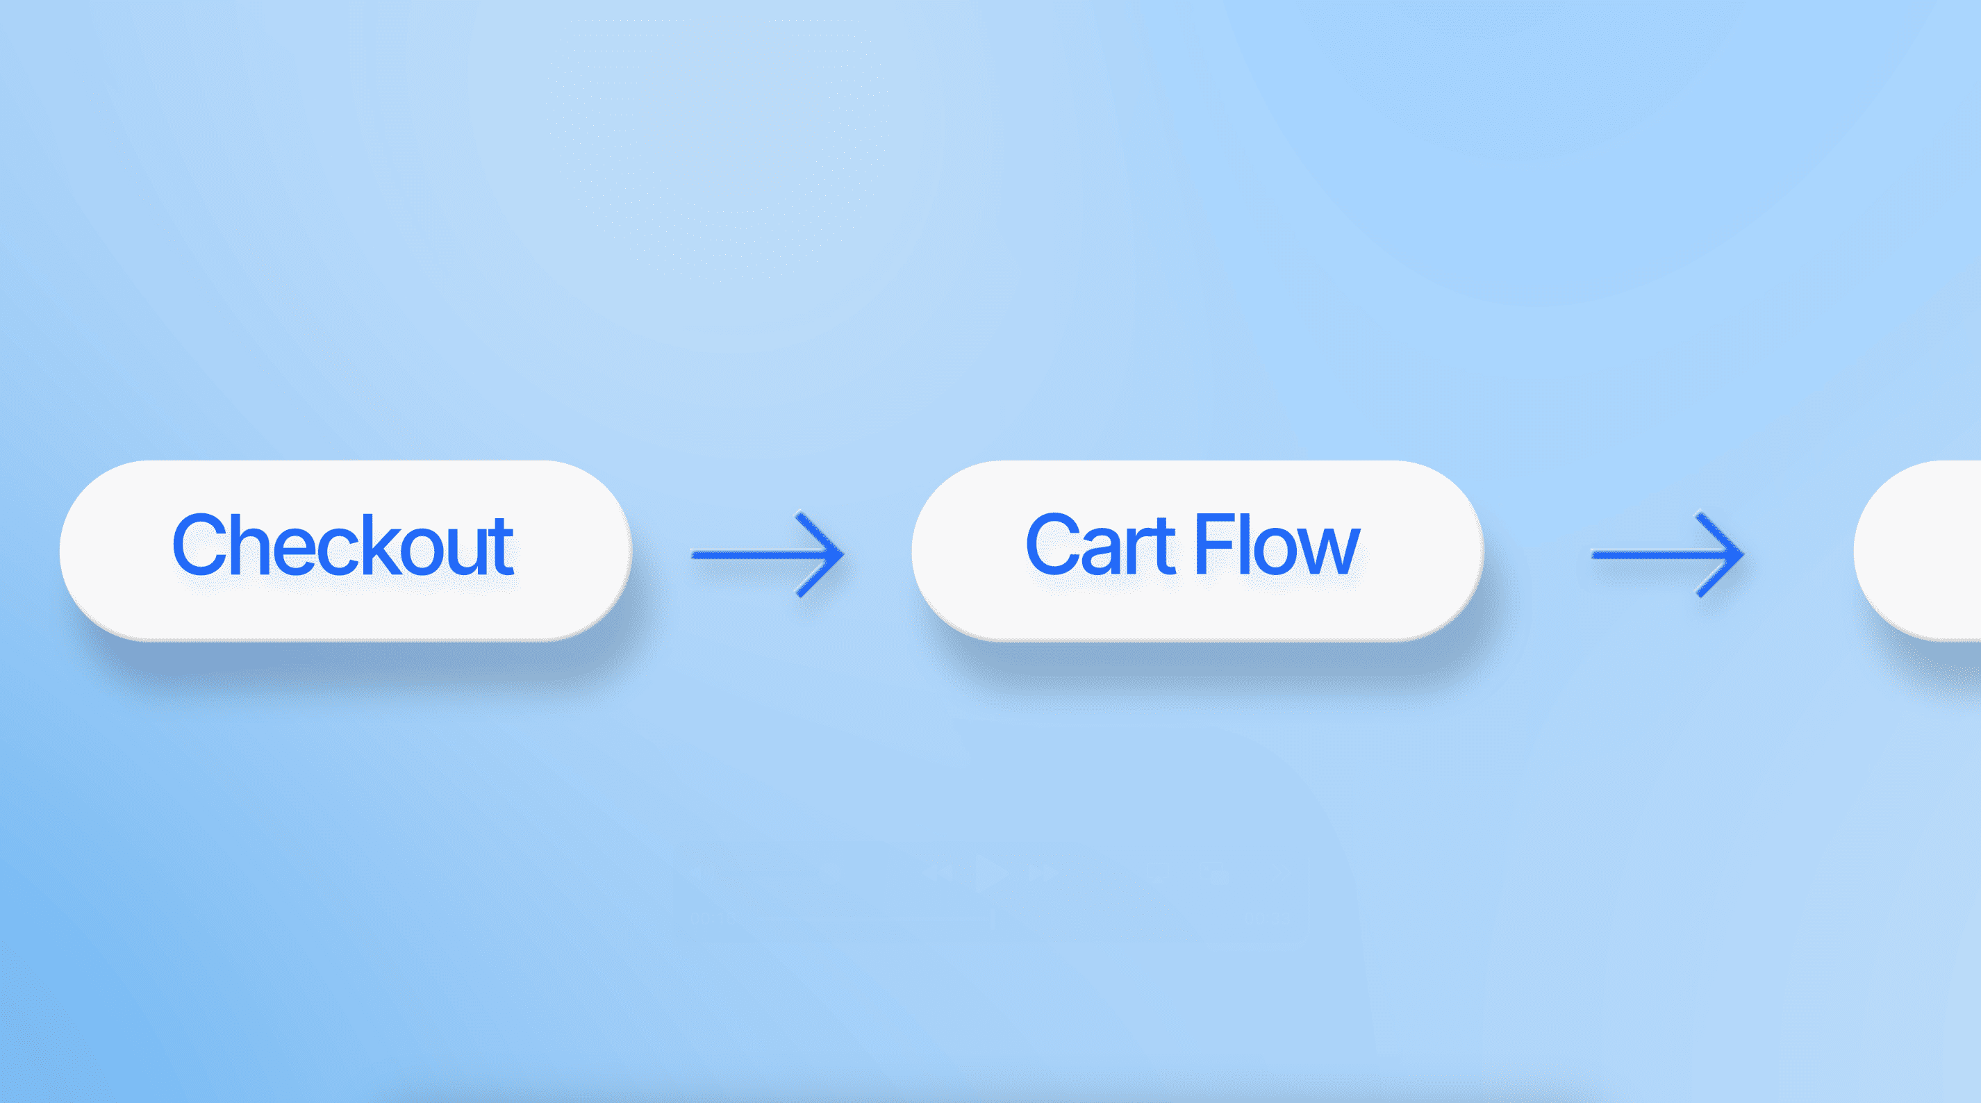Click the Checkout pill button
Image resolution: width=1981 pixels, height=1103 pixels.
[x=346, y=550]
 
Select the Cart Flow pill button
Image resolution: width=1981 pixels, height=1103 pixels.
[x=1197, y=550]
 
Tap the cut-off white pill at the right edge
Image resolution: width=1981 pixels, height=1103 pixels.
[x=1917, y=550]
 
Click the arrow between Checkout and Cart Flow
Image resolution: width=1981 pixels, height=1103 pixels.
[x=768, y=554]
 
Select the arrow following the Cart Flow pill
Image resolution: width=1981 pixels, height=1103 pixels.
[x=1667, y=554]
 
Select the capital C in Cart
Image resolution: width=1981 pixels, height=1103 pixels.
[x=1055, y=545]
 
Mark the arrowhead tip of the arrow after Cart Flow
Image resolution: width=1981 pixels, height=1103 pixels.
[x=1743, y=554]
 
